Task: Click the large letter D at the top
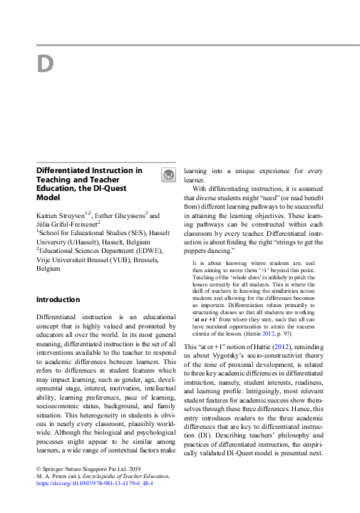tap(45, 64)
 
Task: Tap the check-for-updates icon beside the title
tap(168, 175)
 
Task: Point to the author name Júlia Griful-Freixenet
tap(66, 222)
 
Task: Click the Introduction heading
tap(58, 299)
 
